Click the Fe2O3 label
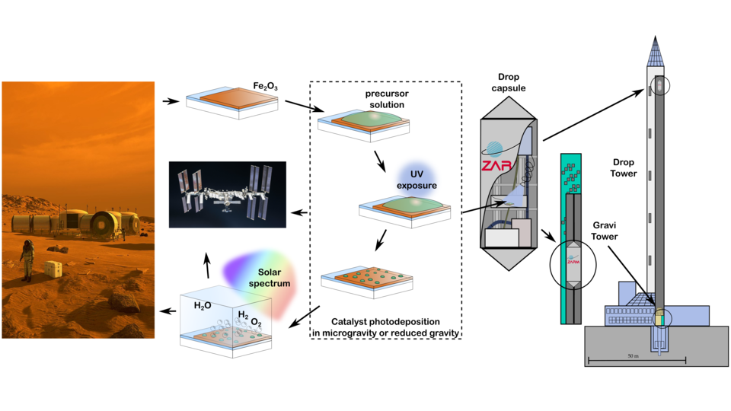click(x=265, y=87)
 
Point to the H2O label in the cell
click(x=203, y=305)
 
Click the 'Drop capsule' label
click(x=507, y=83)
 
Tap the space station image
click(x=227, y=194)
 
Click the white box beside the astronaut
click(x=52, y=269)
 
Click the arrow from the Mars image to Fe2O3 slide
click(x=171, y=100)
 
